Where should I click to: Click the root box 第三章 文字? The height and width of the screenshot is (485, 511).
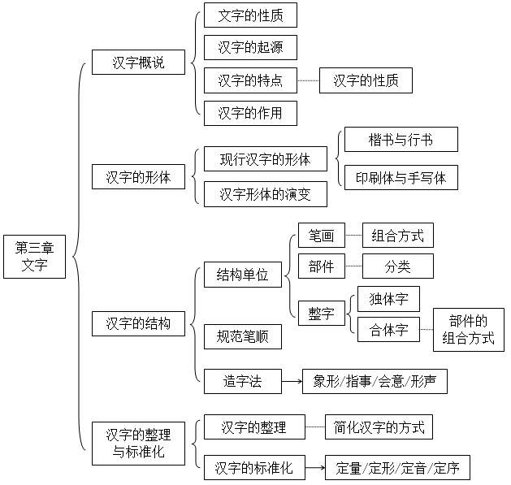[35, 257]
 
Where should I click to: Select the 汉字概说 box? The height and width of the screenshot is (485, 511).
[138, 63]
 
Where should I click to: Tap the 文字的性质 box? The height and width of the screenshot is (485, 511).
[250, 15]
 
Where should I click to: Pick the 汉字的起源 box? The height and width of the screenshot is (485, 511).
[250, 48]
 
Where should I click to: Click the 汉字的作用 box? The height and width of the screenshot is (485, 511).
[250, 113]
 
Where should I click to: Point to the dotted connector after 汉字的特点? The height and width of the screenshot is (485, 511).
[308, 80]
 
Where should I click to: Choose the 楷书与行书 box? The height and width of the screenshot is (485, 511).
[401, 140]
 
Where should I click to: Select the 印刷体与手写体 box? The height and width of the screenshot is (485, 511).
[401, 178]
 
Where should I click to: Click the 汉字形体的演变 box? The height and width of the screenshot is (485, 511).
[266, 194]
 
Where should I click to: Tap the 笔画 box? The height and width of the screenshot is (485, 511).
[322, 236]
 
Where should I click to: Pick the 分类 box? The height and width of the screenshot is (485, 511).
[398, 266]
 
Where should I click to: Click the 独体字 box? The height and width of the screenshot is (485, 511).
[389, 299]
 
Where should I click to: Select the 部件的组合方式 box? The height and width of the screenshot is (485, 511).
[469, 330]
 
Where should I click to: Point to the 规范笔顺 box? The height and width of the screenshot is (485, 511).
[243, 336]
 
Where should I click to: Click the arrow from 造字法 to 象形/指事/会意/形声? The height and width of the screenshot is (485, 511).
[292, 381]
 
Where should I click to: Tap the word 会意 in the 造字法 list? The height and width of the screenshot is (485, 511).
[391, 381]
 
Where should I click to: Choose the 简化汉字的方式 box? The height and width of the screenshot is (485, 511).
[379, 427]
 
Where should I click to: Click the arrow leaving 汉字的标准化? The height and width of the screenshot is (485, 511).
[315, 468]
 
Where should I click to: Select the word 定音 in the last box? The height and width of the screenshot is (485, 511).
[414, 469]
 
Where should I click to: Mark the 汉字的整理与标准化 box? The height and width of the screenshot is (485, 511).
[138, 444]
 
